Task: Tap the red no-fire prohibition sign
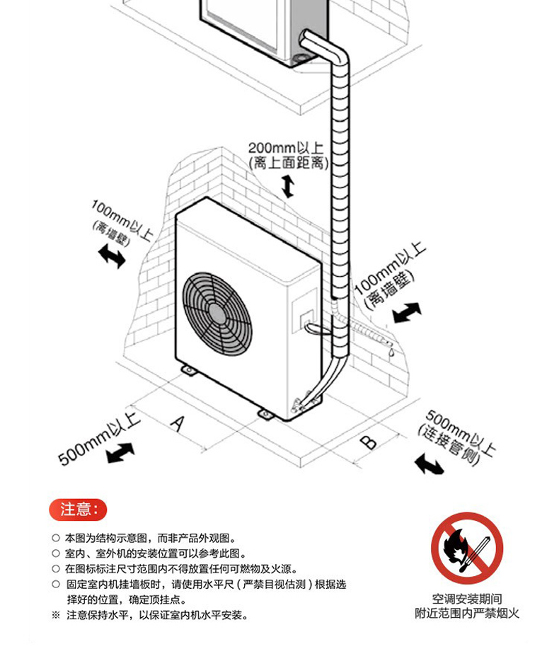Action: coord(466,548)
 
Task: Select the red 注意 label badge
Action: coord(78,509)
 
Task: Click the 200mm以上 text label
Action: coord(285,149)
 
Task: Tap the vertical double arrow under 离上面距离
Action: coord(287,187)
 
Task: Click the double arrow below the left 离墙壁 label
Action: coord(112,255)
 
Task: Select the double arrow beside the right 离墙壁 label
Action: coord(407,312)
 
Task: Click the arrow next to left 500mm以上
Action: coord(120,452)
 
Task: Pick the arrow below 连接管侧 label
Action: coord(429,464)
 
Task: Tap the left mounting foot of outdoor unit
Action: coord(189,369)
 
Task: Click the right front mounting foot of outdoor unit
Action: coord(265,413)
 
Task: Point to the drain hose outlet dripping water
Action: coord(388,347)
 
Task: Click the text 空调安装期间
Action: coord(466,599)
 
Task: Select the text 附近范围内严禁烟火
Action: coord(466,614)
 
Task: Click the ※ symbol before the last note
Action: coord(56,616)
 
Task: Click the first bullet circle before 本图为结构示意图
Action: coord(56,539)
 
